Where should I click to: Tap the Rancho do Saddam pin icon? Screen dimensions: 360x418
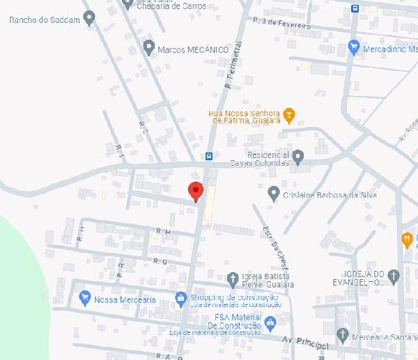88,17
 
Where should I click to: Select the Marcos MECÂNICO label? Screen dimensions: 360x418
193,50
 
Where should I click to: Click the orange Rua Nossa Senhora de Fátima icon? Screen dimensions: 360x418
290,114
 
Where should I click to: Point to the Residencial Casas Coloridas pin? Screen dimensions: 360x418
298,156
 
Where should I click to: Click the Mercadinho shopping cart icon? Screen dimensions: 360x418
353,48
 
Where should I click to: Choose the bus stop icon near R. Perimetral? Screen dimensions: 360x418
209,156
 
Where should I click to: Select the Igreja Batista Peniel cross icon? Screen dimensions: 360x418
233,279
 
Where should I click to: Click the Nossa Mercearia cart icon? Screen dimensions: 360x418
86,298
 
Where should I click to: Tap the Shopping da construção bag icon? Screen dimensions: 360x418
180,298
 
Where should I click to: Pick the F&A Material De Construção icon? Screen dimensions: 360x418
270,322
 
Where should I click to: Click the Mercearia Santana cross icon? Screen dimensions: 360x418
342,335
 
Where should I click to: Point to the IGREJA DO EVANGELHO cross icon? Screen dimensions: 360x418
394,276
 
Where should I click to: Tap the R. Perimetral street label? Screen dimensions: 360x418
233,65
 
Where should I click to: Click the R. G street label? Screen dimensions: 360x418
165,261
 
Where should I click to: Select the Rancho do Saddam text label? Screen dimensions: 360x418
43,19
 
